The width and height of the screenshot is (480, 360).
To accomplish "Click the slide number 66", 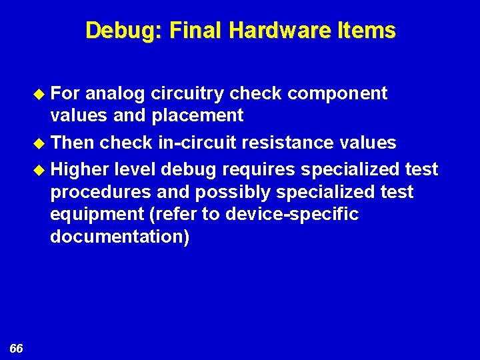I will [17, 349].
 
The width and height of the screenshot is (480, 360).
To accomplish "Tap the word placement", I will [199, 116].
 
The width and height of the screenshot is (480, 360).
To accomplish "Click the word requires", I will [259, 170].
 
